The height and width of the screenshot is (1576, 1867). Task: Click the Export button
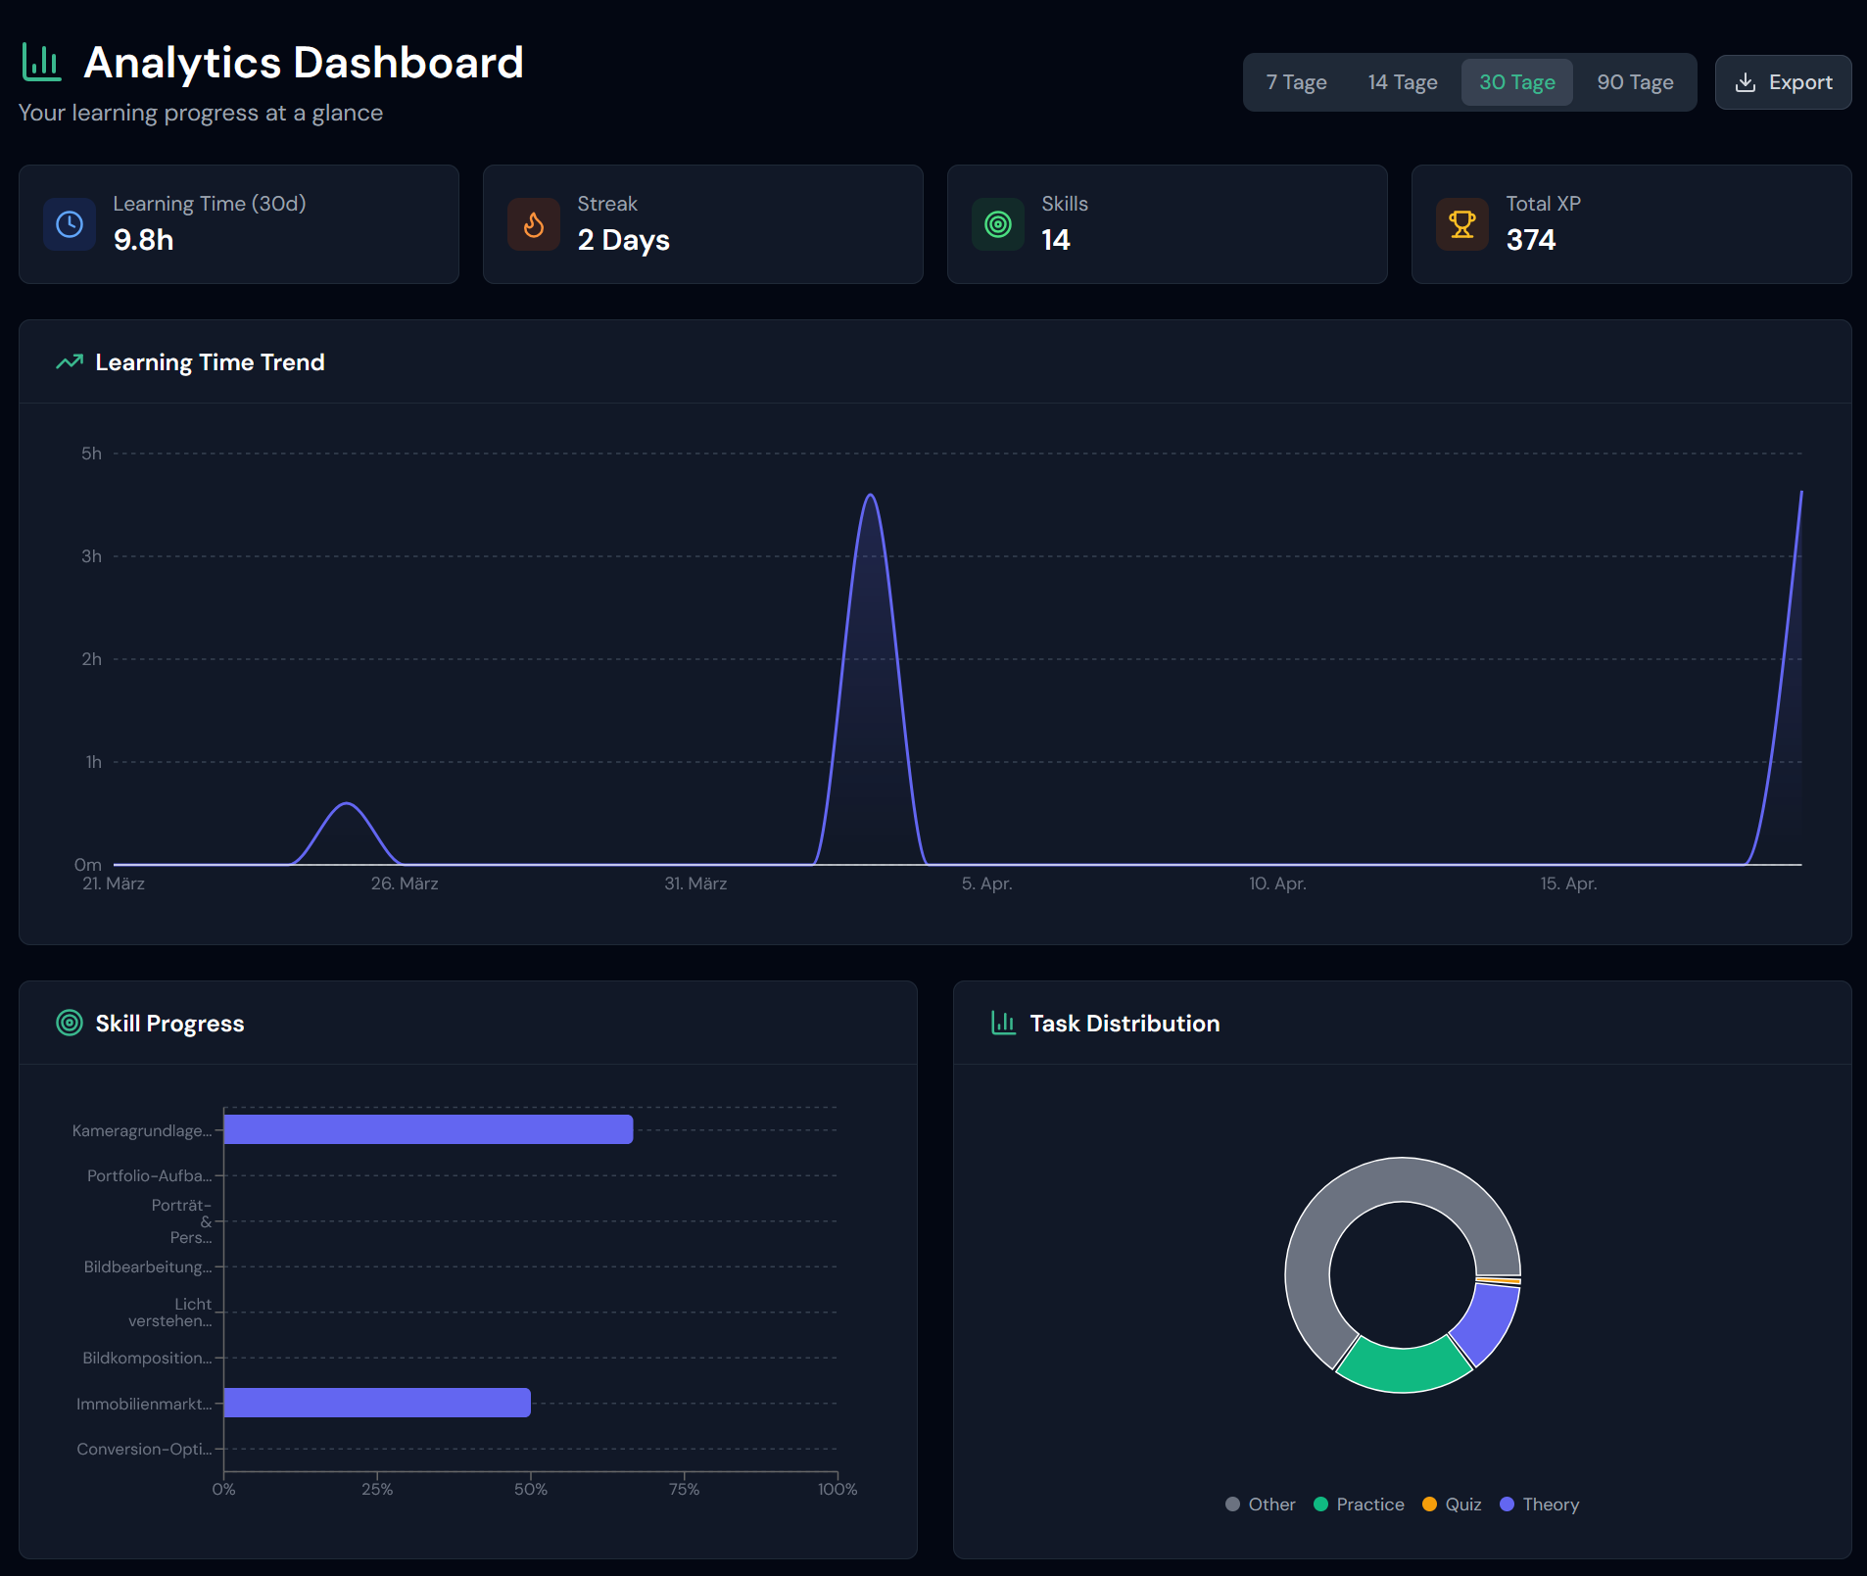pyautogui.click(x=1783, y=82)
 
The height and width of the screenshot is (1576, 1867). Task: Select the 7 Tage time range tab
pyautogui.click(x=1296, y=82)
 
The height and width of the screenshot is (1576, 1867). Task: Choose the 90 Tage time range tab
pyautogui.click(x=1635, y=82)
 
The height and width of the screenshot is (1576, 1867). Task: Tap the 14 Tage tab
pyautogui.click(x=1402, y=82)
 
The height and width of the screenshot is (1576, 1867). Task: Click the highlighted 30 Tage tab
pyautogui.click(x=1516, y=82)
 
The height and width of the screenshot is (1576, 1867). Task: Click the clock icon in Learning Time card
pyautogui.click(x=70, y=224)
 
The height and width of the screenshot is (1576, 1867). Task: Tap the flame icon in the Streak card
pyautogui.click(x=534, y=224)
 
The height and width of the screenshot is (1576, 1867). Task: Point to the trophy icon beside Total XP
pyautogui.click(x=1461, y=224)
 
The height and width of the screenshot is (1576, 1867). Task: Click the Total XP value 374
pyautogui.click(x=1530, y=240)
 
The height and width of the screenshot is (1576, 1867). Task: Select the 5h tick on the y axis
pyautogui.click(x=91, y=454)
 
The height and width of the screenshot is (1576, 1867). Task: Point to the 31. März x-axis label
pyautogui.click(x=695, y=884)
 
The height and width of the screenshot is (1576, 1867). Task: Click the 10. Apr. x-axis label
pyautogui.click(x=1277, y=884)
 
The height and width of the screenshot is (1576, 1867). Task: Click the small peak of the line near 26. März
pyautogui.click(x=347, y=804)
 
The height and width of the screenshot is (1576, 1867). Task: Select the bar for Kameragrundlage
pyautogui.click(x=428, y=1129)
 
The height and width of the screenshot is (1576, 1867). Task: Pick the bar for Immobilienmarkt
pyautogui.click(x=377, y=1403)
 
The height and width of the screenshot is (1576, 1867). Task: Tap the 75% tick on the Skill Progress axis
pyautogui.click(x=684, y=1489)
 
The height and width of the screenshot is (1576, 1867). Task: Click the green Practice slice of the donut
pyautogui.click(x=1403, y=1367)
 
